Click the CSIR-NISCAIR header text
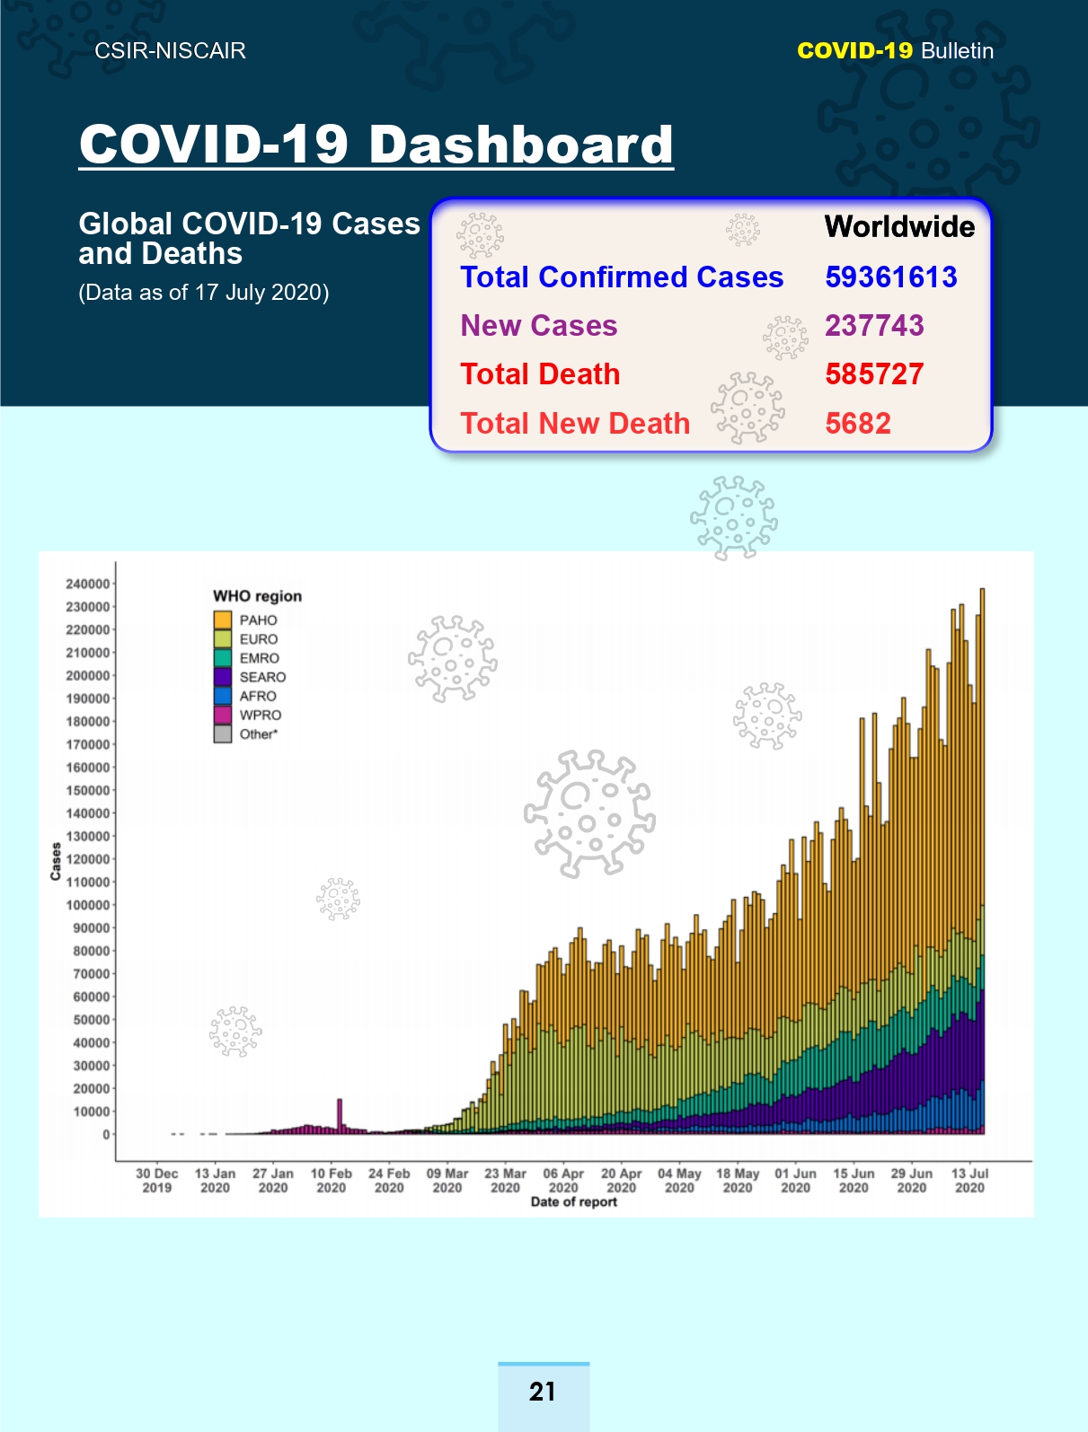click(x=170, y=51)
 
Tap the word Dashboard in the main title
click(x=521, y=144)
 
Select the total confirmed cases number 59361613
click(x=891, y=277)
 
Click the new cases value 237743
click(x=874, y=326)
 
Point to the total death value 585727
click(x=874, y=373)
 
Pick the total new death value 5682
click(x=858, y=424)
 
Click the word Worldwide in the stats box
click(x=899, y=226)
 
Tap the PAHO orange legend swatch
click(x=223, y=619)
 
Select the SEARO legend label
click(x=262, y=677)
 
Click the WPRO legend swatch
click(x=223, y=715)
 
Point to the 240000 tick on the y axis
click(x=87, y=584)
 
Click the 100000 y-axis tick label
click(x=87, y=905)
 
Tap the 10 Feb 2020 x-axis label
click(x=331, y=1181)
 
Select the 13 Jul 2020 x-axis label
click(x=970, y=1181)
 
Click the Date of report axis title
click(x=574, y=1201)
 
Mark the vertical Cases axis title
click(x=56, y=861)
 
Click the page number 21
click(x=543, y=1392)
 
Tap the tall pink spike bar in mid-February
click(x=340, y=1116)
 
